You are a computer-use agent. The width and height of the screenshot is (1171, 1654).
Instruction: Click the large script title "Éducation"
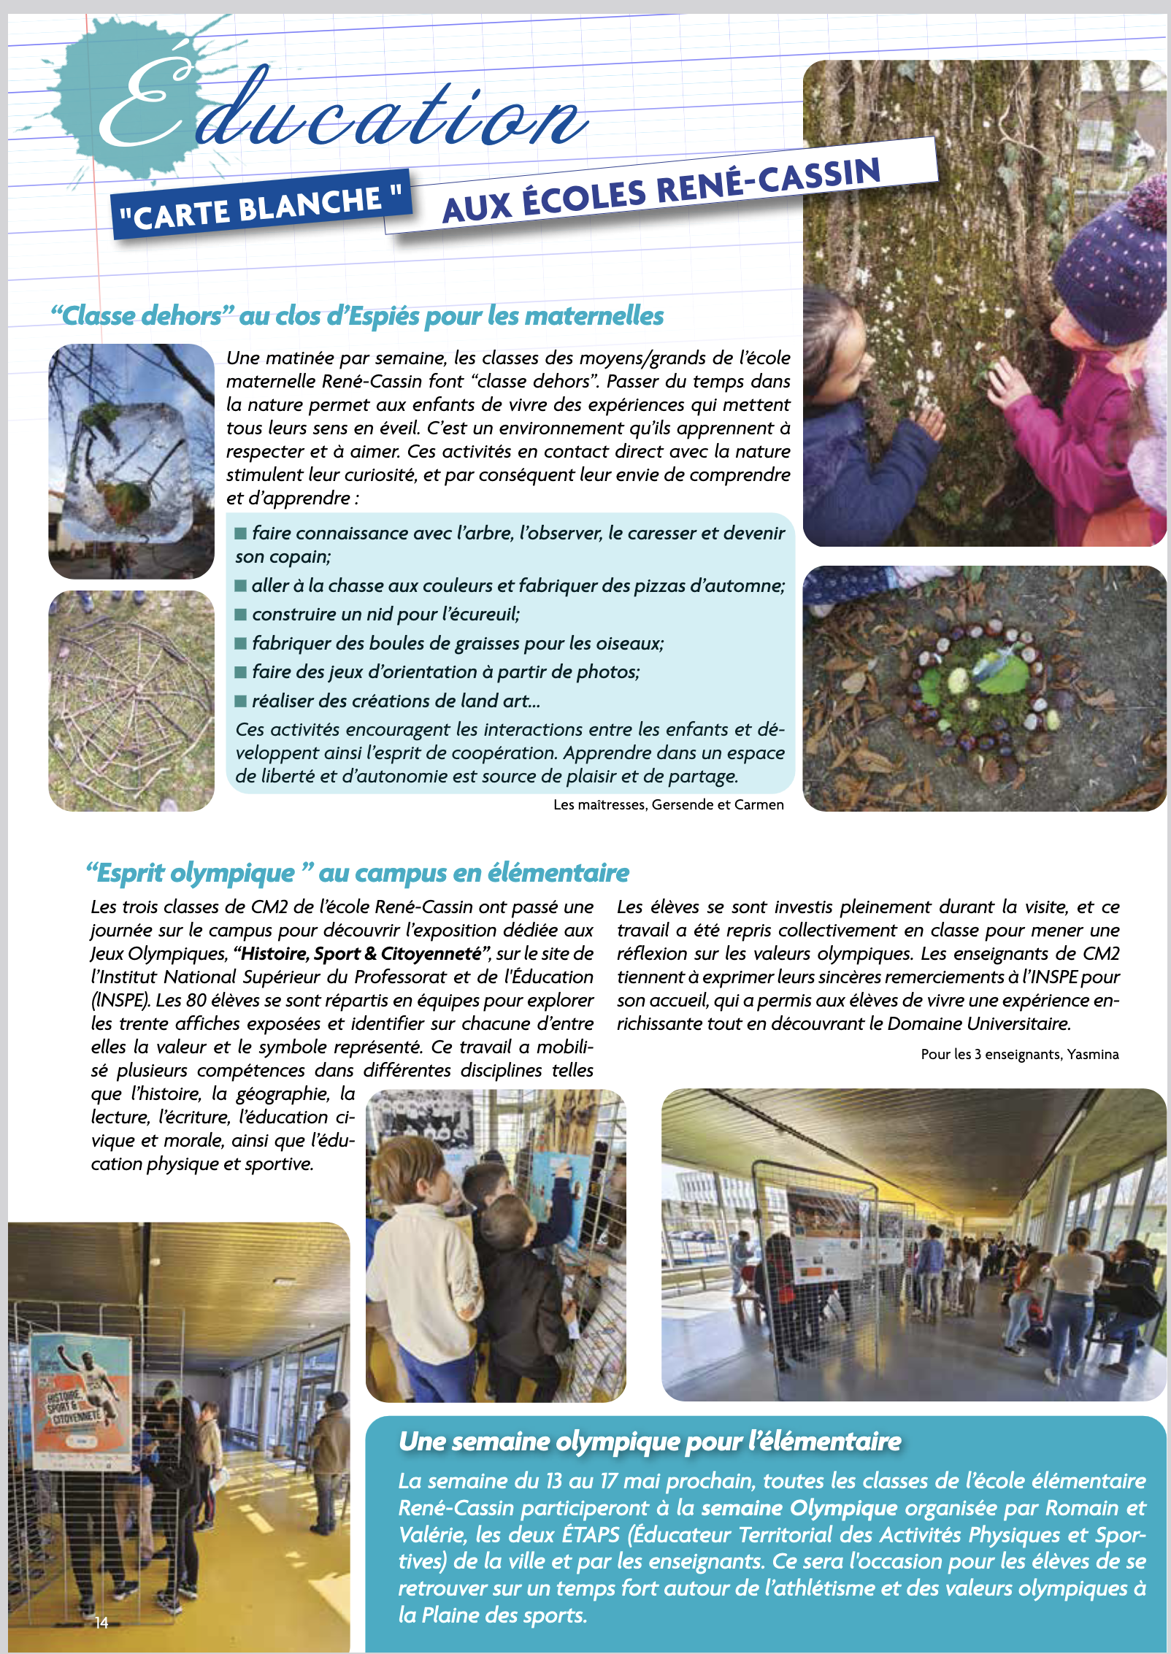coord(343,109)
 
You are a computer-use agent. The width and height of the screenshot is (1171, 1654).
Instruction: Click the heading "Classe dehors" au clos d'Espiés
coord(357,316)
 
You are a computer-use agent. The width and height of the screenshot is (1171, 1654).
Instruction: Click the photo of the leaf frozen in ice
coord(131,460)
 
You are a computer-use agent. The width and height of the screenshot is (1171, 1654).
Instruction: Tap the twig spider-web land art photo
coord(131,701)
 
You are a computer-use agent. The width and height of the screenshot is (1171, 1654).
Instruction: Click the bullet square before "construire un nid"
coord(241,615)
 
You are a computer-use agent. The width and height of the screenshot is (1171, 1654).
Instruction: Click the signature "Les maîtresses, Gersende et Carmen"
coord(668,804)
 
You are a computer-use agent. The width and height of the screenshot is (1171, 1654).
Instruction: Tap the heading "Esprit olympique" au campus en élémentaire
coord(357,873)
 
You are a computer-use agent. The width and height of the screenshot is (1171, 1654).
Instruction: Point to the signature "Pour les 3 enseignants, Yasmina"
coord(1019,1054)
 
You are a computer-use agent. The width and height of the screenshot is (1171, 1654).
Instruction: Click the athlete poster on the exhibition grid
coord(80,1400)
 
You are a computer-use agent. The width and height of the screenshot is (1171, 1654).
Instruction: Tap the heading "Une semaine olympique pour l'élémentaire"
coord(650,1442)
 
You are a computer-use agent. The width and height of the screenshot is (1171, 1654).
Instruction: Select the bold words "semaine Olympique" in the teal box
coord(799,1508)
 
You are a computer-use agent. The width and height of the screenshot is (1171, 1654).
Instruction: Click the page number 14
coord(101,1623)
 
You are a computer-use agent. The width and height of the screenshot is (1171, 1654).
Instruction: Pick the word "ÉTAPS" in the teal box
coord(591,1535)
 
